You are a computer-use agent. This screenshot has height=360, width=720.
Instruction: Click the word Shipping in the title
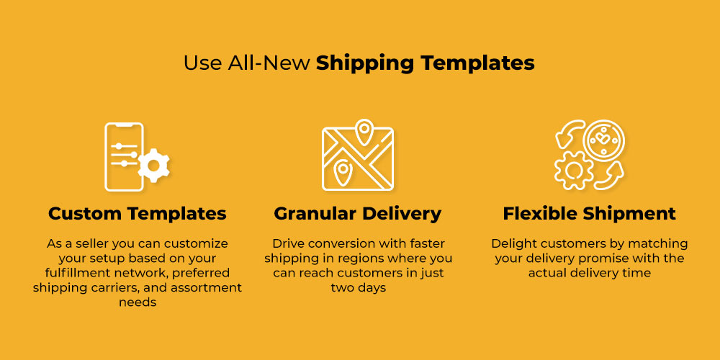(x=365, y=63)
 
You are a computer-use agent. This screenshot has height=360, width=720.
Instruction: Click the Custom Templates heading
(x=138, y=214)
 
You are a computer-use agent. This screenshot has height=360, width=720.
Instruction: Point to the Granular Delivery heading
(x=358, y=214)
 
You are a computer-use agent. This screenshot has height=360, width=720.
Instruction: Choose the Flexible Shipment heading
(x=589, y=214)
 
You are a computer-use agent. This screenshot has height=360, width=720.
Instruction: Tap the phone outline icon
(x=125, y=156)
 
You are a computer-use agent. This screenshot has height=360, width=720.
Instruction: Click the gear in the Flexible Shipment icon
(x=572, y=170)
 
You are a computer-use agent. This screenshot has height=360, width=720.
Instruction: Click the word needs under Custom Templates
(x=138, y=302)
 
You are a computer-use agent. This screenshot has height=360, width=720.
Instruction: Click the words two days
(x=358, y=288)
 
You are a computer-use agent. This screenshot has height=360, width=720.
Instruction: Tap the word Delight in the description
(x=510, y=243)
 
